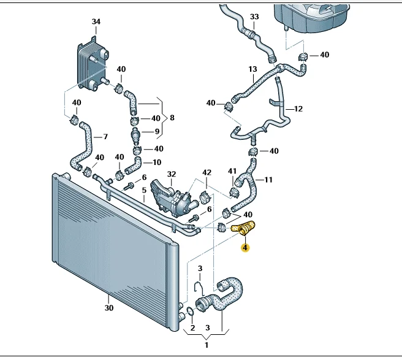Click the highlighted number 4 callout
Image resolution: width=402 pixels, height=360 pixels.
[x=245, y=248]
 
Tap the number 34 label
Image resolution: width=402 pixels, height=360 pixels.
[x=96, y=22]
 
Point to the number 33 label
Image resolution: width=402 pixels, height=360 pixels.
[x=255, y=16]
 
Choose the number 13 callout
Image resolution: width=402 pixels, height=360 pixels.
[x=252, y=69]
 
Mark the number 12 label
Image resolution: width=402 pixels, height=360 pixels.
[x=298, y=109]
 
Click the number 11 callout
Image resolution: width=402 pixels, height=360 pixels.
[x=268, y=180]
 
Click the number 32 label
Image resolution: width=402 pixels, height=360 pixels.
[x=172, y=175]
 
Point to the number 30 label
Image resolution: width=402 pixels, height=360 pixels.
[x=109, y=308]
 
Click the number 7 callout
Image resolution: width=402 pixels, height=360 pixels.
[x=105, y=136]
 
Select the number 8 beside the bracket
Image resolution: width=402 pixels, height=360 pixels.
[x=172, y=117]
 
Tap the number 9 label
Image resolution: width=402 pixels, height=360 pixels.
[x=157, y=131]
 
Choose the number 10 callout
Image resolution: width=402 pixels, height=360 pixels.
[x=157, y=163]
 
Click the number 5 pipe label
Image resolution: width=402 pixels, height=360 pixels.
[x=144, y=190]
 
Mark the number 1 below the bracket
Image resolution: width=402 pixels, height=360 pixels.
[x=207, y=345]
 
